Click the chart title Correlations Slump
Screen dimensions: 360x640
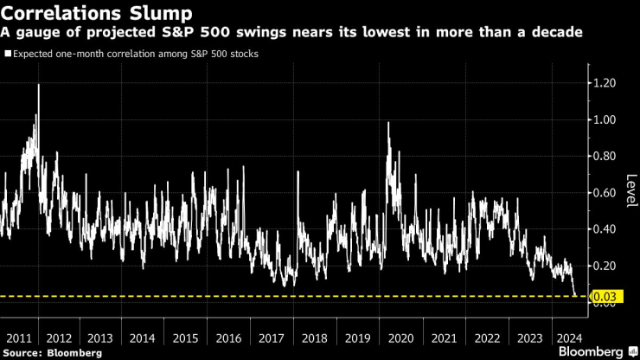tap(97, 13)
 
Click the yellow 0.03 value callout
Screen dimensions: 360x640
tap(602, 297)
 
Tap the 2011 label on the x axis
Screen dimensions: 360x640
tap(17, 338)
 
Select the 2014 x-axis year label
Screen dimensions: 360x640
tap(144, 338)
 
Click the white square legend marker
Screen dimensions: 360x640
tap(8, 54)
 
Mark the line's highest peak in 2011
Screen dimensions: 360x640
tap(38, 85)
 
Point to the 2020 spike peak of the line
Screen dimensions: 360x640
tap(388, 123)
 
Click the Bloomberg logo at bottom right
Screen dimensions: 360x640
tap(596, 351)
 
